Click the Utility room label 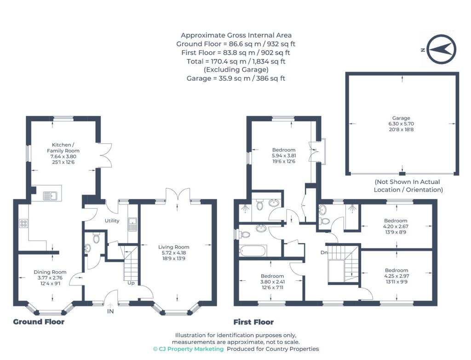point(112,221)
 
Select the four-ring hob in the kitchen point(23,224)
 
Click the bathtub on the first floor point(253,251)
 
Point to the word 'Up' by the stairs point(131,283)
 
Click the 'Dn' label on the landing point(324,253)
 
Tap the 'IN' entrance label point(110,312)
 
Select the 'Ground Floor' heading point(39,322)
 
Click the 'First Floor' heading point(253,322)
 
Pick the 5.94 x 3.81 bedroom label point(284,156)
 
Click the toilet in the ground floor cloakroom point(96,238)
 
